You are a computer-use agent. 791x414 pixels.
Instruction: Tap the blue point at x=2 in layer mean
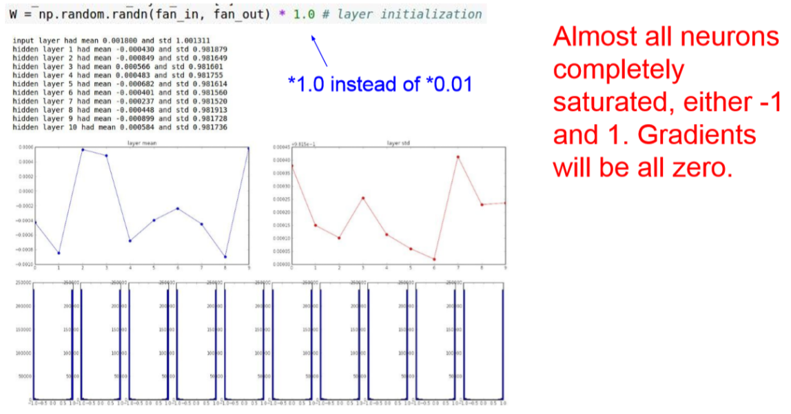coord(83,149)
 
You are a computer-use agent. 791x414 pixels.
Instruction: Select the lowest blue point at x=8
coord(225,257)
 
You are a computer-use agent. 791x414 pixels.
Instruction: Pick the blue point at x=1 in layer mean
coord(59,253)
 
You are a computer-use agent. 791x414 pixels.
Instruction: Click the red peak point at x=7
coord(458,156)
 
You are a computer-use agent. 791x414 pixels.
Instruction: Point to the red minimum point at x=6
coord(434,259)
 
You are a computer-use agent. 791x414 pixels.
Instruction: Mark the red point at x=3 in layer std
coord(363,198)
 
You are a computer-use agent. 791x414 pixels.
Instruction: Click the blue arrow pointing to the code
coord(319,50)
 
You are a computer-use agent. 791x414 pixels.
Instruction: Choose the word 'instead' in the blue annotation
coord(367,84)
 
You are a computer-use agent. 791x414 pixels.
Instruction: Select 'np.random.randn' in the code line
coord(87,14)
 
